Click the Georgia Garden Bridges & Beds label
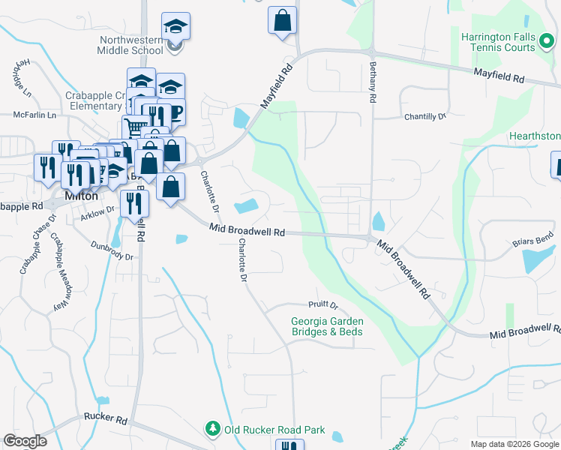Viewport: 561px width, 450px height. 327,326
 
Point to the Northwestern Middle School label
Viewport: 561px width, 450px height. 130,45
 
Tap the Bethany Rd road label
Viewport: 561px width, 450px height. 371,82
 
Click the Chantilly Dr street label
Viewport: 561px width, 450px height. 425,117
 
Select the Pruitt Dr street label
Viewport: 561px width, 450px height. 323,305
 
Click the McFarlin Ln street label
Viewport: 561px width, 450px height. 34,115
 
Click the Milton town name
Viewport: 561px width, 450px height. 81,195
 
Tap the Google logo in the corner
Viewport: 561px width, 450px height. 25,441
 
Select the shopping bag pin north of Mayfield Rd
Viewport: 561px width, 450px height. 282,21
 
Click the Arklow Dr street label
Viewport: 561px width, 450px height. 97,214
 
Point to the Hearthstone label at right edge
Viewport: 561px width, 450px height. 534,136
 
